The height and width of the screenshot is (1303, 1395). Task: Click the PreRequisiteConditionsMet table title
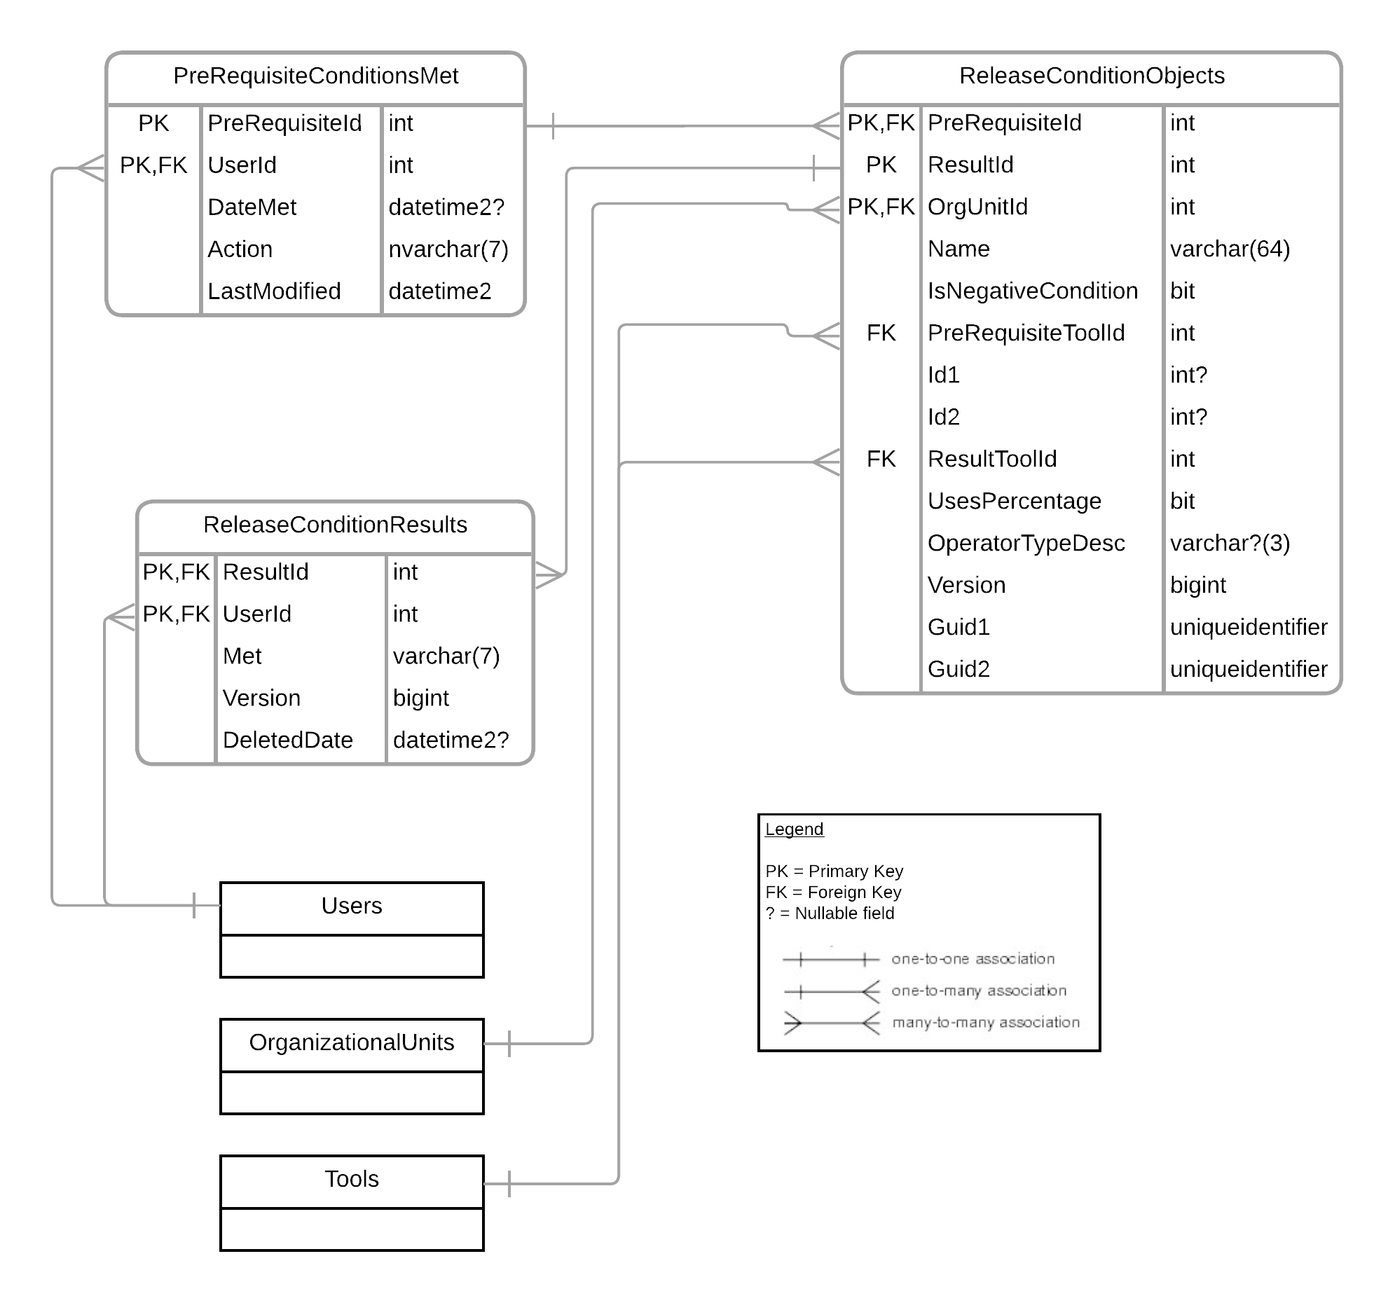pos(315,76)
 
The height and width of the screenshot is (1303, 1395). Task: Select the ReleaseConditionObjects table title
pos(1091,76)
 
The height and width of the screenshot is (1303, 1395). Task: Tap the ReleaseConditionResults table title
pos(335,525)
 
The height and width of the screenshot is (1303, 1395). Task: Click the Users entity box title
pos(352,906)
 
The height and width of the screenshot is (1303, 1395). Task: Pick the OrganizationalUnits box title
pos(352,1042)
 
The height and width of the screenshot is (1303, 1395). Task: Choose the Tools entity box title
pos(352,1179)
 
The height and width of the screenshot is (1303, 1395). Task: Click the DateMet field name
pos(252,207)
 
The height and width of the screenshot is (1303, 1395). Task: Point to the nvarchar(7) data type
pos(448,249)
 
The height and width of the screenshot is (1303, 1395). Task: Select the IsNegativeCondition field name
pos(1032,291)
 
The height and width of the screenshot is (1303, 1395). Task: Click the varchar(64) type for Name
pos(1230,249)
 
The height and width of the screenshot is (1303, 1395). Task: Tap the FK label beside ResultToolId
pos(881,459)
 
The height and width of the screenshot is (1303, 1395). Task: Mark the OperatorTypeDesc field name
pos(1026,543)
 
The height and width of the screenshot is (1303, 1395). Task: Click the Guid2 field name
pos(958,669)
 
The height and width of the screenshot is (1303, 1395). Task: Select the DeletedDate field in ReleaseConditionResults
pos(288,740)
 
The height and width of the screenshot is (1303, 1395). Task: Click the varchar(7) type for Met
pos(446,656)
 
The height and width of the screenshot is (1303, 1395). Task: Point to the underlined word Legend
pos(794,829)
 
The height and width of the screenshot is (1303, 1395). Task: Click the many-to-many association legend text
pos(985,1022)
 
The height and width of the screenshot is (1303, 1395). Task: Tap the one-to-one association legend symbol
pos(830,959)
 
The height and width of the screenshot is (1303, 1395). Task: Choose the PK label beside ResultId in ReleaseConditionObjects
pos(881,165)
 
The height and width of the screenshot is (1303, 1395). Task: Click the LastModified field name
pos(274,291)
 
